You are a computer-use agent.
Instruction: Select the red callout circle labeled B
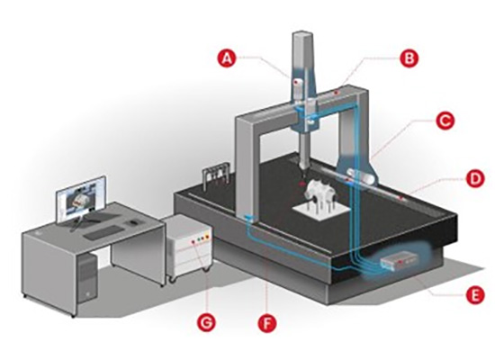pyautogui.click(x=409, y=58)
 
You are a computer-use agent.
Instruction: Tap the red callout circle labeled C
pyautogui.click(x=445, y=120)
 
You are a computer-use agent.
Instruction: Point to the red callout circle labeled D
pyautogui.click(x=475, y=178)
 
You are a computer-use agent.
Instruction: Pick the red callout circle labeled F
pyautogui.click(x=267, y=323)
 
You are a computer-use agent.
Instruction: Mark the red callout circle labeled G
pyautogui.click(x=206, y=323)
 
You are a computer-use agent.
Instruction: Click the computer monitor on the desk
pyautogui.click(x=80, y=200)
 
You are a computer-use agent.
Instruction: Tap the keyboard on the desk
pyautogui.click(x=103, y=232)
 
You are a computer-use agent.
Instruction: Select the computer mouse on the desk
pyautogui.click(x=134, y=222)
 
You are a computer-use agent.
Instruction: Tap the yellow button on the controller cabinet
pyautogui.click(x=207, y=237)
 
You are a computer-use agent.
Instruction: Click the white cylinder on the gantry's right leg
pyautogui.click(x=361, y=175)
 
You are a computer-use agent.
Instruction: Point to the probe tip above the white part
pyautogui.click(x=303, y=175)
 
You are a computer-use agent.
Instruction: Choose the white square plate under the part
pyautogui.click(x=321, y=211)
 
